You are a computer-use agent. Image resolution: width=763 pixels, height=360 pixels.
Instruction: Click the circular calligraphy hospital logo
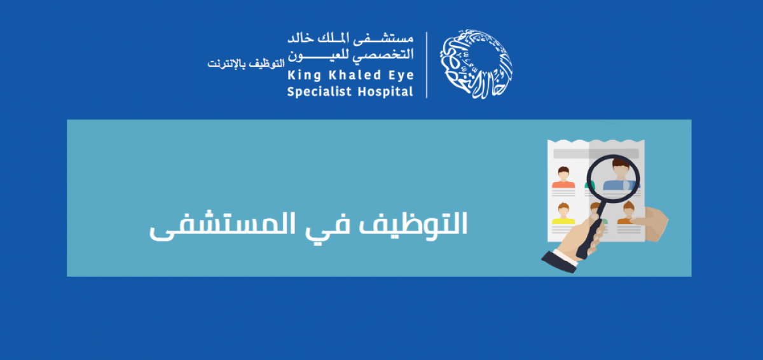(476, 64)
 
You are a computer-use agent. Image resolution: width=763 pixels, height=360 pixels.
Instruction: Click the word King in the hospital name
(304, 76)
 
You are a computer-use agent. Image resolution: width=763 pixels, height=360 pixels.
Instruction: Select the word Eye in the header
(401, 76)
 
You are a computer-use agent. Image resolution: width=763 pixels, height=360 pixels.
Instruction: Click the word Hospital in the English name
(385, 92)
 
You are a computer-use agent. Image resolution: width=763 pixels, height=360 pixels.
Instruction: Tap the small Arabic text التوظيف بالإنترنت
(246, 64)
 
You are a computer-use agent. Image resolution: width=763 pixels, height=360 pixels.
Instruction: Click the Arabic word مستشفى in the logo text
(383, 38)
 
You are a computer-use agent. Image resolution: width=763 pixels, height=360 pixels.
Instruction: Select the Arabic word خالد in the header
(301, 38)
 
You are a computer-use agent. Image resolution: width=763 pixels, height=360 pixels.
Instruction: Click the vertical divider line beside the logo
(427, 65)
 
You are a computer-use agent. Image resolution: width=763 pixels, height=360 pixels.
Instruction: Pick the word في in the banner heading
(327, 226)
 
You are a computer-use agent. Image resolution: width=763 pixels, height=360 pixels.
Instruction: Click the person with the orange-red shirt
(563, 177)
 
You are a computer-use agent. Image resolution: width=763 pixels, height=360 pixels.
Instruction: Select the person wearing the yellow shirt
(563, 213)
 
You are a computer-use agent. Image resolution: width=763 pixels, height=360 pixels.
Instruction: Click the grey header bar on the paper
(596, 154)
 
